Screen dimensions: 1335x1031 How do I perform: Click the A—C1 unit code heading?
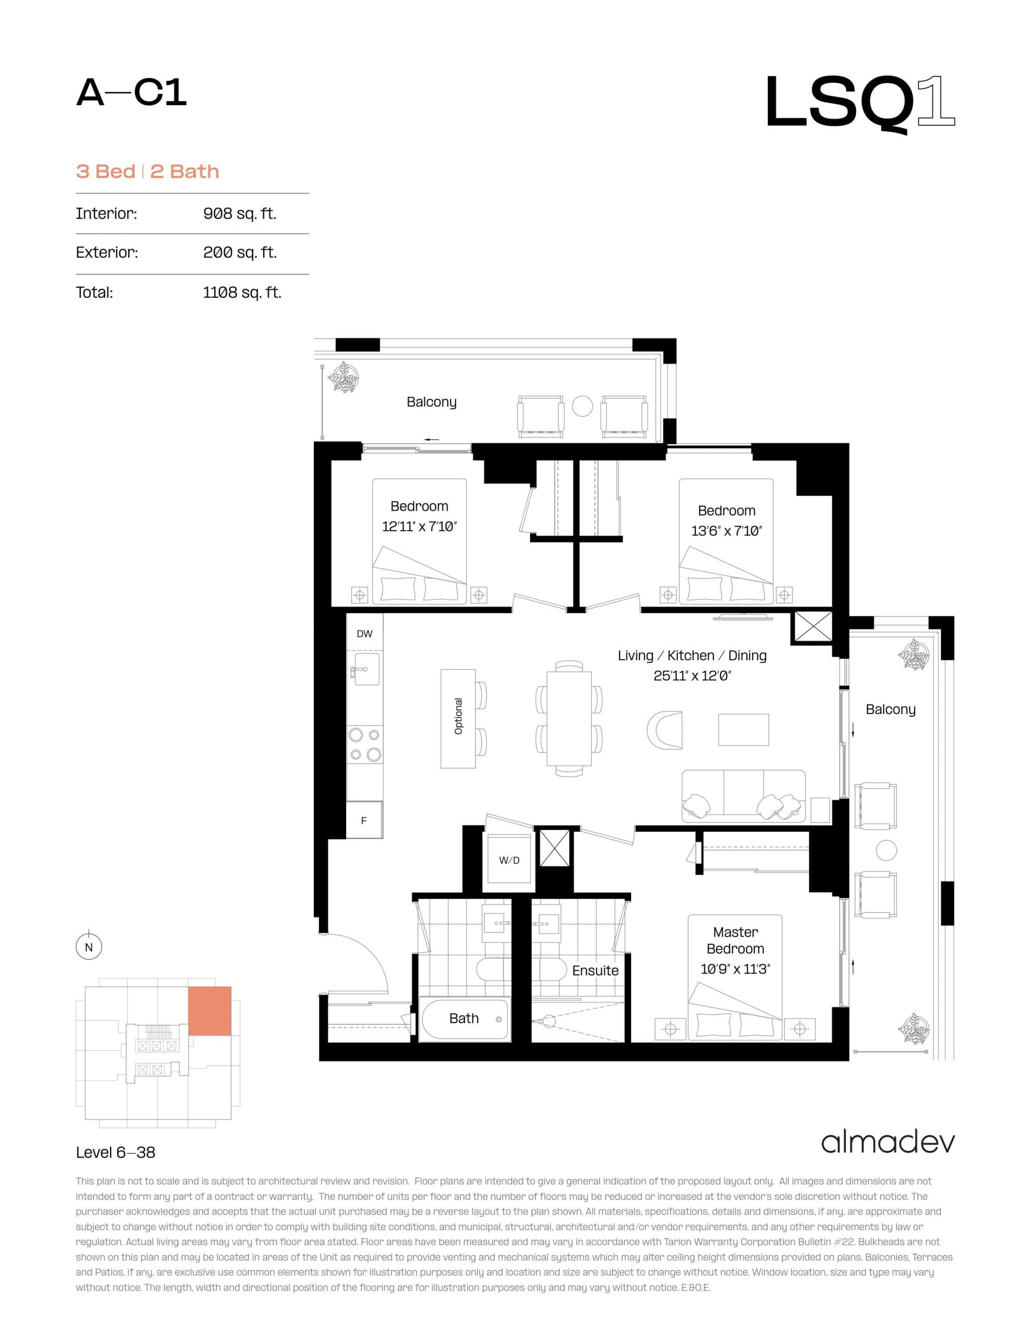pos(131,93)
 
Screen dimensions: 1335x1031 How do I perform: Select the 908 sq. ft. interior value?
pos(240,213)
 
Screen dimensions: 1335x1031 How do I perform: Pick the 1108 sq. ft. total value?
pos(242,292)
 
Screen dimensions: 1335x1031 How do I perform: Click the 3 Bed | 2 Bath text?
pos(148,171)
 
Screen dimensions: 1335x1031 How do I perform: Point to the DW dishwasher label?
pos(364,634)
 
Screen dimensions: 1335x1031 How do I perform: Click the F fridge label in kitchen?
pos(364,820)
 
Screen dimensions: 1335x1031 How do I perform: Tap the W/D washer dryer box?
pos(509,860)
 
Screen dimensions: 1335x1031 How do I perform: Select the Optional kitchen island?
pos(458,718)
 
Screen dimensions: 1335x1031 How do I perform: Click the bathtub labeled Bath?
pos(464,1018)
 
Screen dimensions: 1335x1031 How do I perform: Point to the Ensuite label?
pos(595,970)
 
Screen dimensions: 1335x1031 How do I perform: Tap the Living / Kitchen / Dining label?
pos(692,656)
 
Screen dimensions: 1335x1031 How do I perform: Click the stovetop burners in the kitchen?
pos(364,744)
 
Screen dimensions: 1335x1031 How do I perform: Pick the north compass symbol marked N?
pos(89,948)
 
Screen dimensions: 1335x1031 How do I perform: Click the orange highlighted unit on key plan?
pos(209,1011)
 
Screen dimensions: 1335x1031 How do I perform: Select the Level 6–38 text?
pos(116,1152)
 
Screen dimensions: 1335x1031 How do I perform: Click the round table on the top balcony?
pos(582,406)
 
